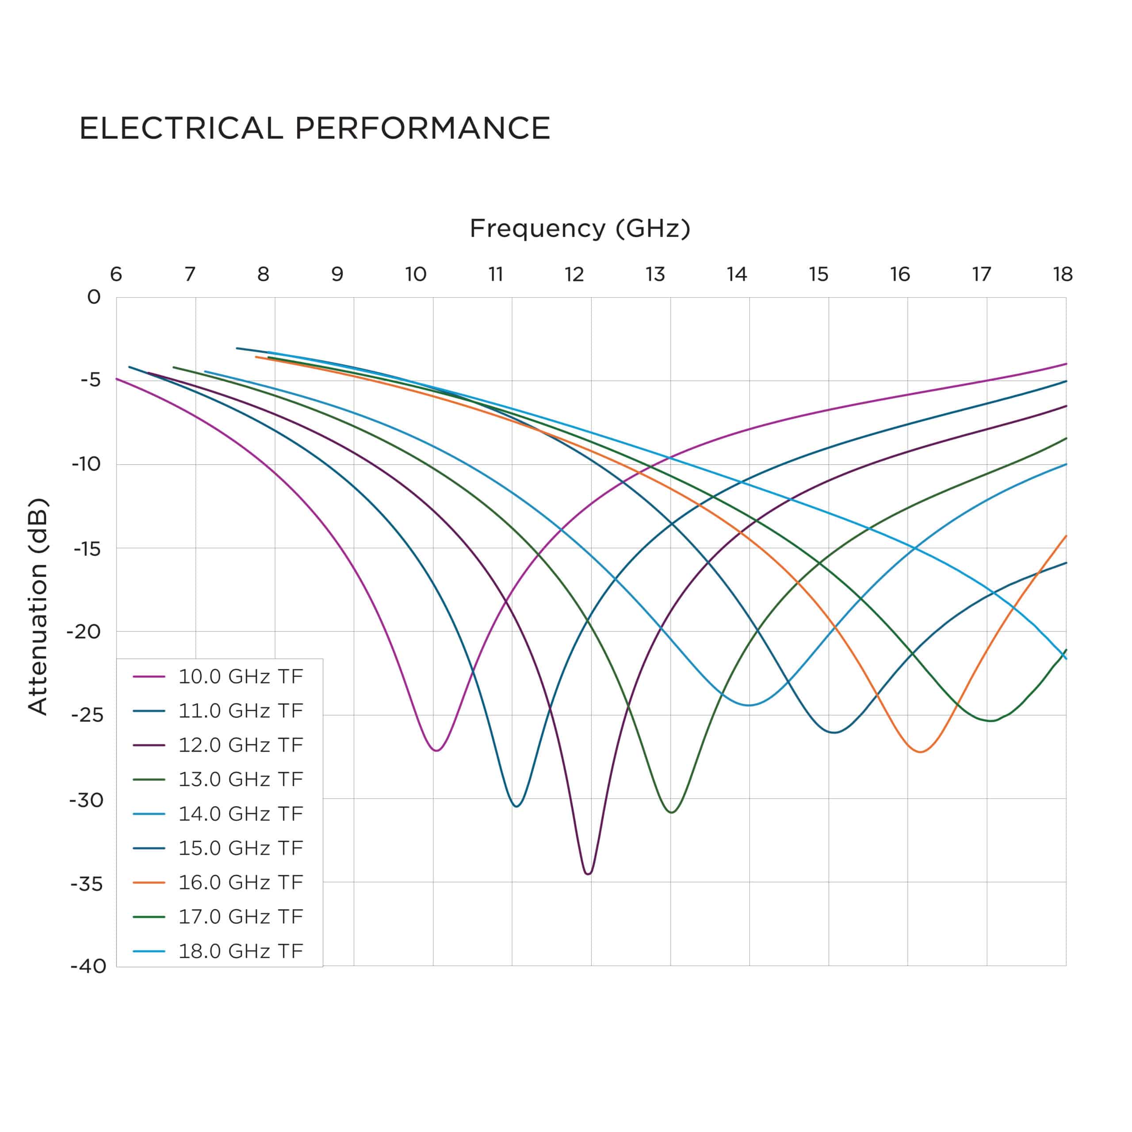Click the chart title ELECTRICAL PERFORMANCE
tap(315, 128)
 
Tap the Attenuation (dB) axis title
tap(38, 606)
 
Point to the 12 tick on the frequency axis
tap(574, 274)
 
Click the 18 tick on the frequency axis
tap(1062, 274)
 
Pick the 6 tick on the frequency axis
tap(116, 274)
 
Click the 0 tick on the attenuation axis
tap(94, 298)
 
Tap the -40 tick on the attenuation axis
tap(88, 967)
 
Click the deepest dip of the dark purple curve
tap(588, 874)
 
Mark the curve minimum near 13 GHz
tap(672, 812)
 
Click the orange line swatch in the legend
tap(149, 883)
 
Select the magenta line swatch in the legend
tap(149, 677)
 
